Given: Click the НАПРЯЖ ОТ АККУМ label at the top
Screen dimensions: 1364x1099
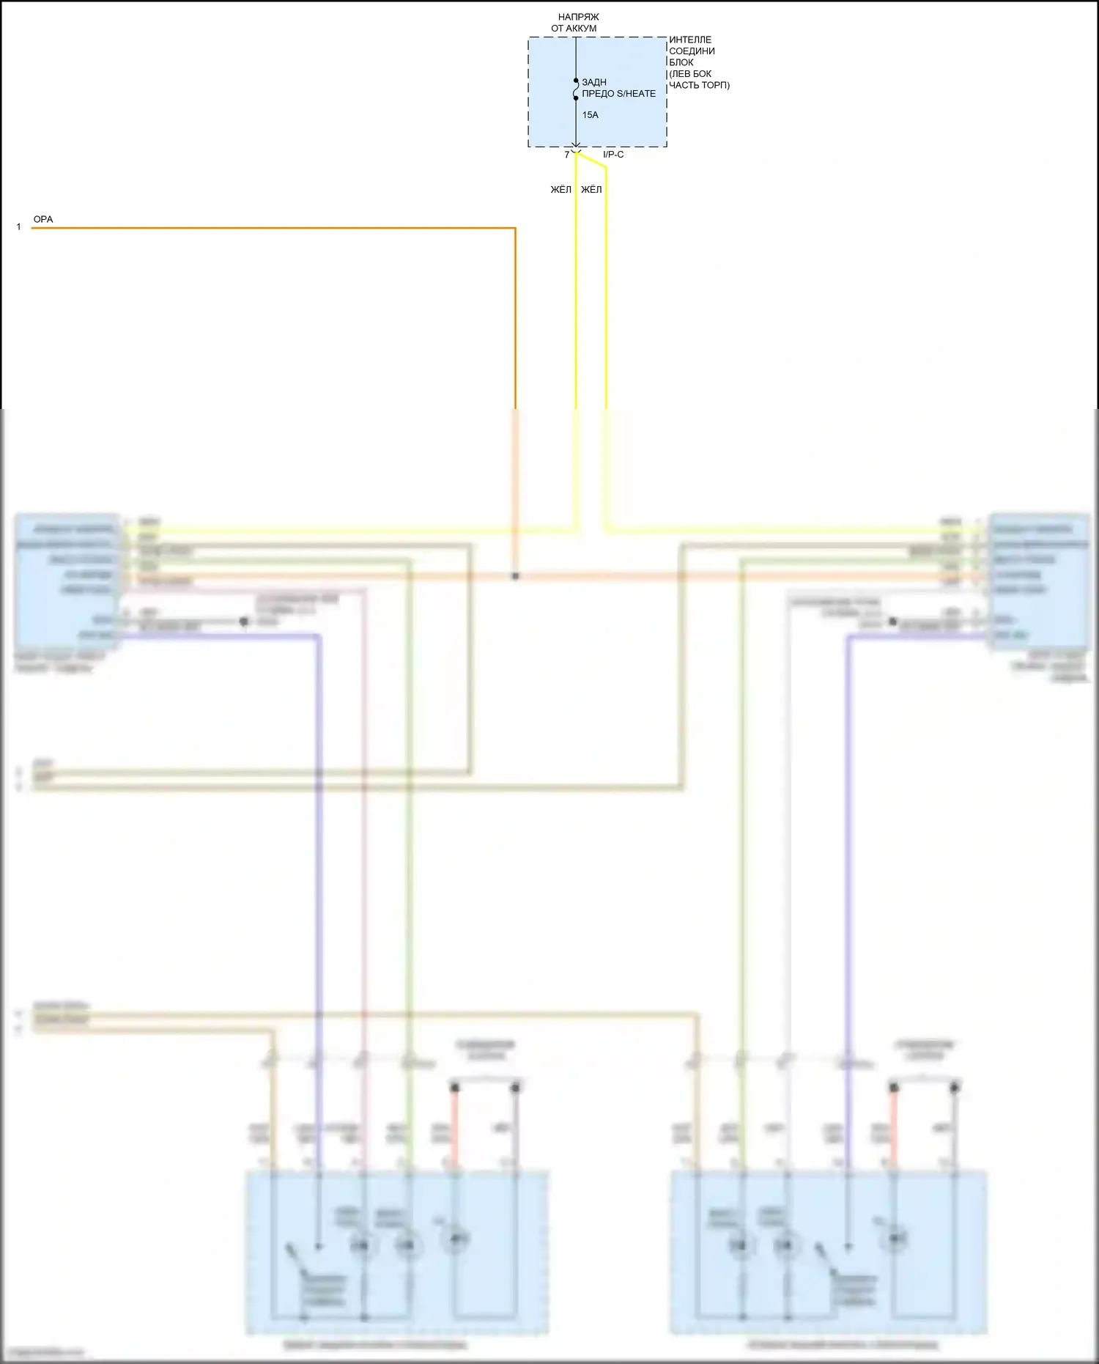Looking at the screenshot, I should coord(577,23).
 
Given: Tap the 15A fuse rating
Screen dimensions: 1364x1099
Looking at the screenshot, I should coord(590,115).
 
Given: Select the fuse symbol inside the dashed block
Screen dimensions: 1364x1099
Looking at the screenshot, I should coord(576,89).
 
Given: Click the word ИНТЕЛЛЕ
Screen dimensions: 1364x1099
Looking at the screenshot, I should coord(690,40).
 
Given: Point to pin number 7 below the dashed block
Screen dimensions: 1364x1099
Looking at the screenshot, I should coord(566,155).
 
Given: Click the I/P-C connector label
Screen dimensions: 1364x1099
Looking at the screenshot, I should coord(613,155).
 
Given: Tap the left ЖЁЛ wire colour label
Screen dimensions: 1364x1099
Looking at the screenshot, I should coord(560,190).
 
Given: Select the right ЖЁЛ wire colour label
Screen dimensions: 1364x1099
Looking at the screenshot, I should coord(591,190).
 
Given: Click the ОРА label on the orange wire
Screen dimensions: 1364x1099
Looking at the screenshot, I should coord(43,219).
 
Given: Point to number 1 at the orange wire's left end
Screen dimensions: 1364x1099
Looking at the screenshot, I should coord(19,227).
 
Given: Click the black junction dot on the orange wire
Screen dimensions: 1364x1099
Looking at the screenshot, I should coord(515,576).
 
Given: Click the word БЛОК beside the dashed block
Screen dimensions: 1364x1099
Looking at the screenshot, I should coord(681,62).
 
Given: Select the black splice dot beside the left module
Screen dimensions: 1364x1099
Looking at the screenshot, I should coord(244,622).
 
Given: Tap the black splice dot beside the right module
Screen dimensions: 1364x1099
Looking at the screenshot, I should coord(892,622).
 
